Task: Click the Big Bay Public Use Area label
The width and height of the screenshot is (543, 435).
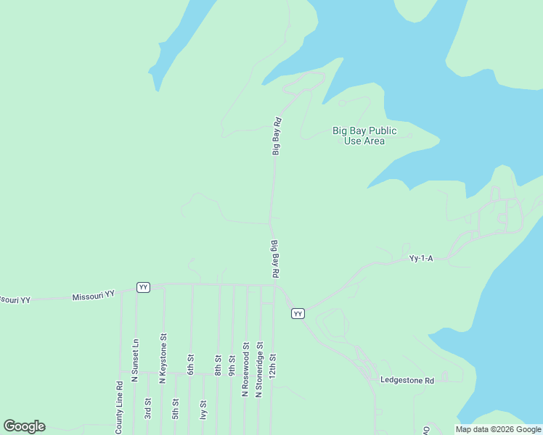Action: coord(364,136)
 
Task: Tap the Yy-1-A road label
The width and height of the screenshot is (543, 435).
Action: coord(421,258)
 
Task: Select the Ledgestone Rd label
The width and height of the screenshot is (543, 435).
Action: coord(407,379)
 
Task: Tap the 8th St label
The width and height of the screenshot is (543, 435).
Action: coord(218,364)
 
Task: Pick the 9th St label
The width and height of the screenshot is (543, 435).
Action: coord(232,364)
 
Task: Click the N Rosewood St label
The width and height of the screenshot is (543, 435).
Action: coord(245,370)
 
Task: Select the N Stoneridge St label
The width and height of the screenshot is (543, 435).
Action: coord(259,370)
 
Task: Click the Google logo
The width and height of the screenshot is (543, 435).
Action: coord(25,426)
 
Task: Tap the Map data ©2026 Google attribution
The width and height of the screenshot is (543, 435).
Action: coord(499,429)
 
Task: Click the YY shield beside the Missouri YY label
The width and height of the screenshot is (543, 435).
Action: coord(144,287)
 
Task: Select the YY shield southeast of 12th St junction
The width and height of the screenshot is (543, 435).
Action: coord(298,313)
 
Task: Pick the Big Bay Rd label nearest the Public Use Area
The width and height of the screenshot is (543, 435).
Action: coord(276,136)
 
